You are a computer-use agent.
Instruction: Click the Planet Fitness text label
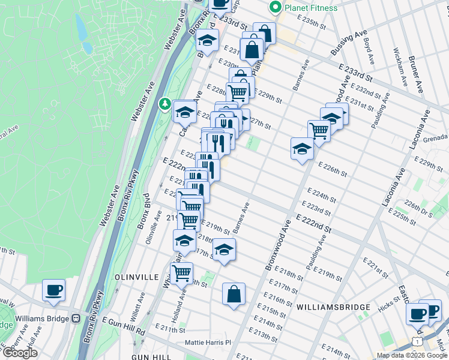(x=311, y=8)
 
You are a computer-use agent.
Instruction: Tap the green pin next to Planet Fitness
(x=276, y=8)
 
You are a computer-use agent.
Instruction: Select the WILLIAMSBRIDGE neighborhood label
(x=333, y=307)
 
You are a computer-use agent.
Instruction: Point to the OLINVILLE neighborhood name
(x=136, y=278)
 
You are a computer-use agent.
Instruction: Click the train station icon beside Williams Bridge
(x=76, y=319)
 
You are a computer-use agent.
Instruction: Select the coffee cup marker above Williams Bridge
(x=53, y=291)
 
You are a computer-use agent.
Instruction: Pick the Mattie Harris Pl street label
(x=208, y=343)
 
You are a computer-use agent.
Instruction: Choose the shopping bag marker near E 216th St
(x=234, y=295)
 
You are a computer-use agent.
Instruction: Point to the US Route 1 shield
(x=417, y=341)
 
